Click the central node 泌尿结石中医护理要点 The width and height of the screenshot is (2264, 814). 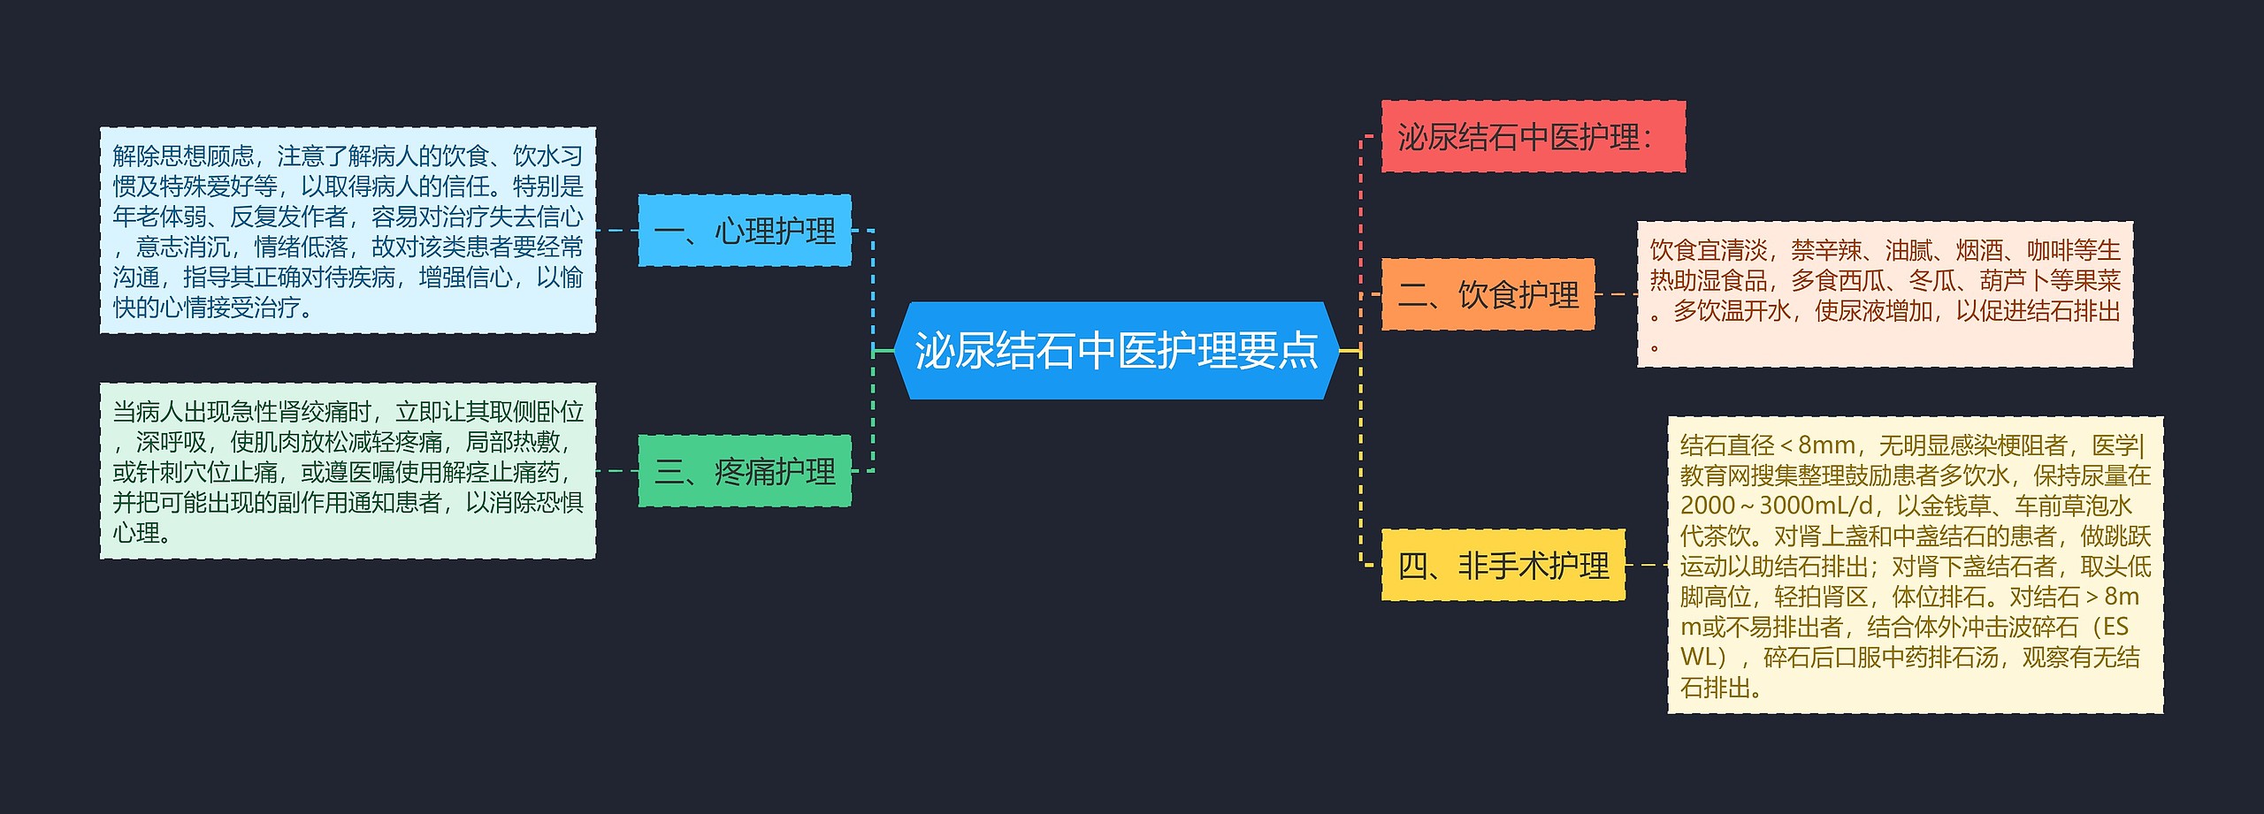point(1116,351)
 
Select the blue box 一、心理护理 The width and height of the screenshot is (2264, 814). point(745,231)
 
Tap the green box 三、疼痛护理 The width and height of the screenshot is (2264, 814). point(745,471)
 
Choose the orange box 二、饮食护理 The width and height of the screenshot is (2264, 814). point(1488,294)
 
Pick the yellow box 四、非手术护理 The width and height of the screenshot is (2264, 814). point(1503,565)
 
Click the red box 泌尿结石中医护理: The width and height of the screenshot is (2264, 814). point(1533,137)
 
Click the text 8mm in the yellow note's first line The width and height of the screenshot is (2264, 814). point(1826,445)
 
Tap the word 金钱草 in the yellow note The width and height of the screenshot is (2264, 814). point(1955,506)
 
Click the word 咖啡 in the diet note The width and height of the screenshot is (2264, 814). point(2050,251)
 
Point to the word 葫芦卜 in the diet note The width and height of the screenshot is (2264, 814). point(2015,281)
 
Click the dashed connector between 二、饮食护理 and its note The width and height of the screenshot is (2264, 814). point(1616,294)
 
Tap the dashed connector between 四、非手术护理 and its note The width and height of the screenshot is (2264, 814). point(1646,565)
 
